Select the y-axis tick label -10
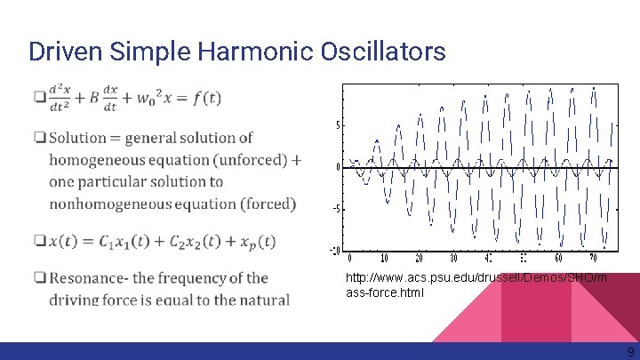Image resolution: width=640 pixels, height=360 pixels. (x=334, y=250)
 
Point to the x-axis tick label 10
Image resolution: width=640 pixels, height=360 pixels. (x=384, y=259)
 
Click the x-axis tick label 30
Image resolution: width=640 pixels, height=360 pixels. (x=453, y=259)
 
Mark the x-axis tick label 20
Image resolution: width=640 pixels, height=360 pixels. (x=419, y=259)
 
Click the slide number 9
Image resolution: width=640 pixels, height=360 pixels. (x=630, y=351)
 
